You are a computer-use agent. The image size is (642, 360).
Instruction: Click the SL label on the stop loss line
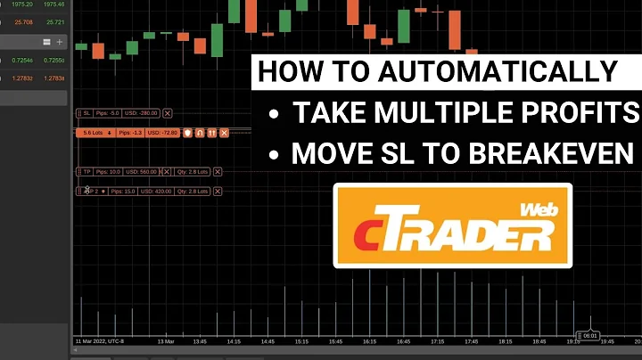tap(87, 113)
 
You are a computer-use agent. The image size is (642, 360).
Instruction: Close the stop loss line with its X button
tap(168, 113)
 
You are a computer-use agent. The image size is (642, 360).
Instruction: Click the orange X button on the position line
tap(224, 133)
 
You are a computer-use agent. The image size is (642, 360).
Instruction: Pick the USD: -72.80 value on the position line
tap(163, 133)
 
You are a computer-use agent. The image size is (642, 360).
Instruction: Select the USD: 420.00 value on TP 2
tap(158, 191)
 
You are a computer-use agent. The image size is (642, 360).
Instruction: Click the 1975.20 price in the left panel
tap(21, 4)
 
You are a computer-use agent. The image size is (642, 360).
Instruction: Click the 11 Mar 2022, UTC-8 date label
tap(99, 340)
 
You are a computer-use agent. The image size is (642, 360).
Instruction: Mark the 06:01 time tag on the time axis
tap(589, 336)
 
